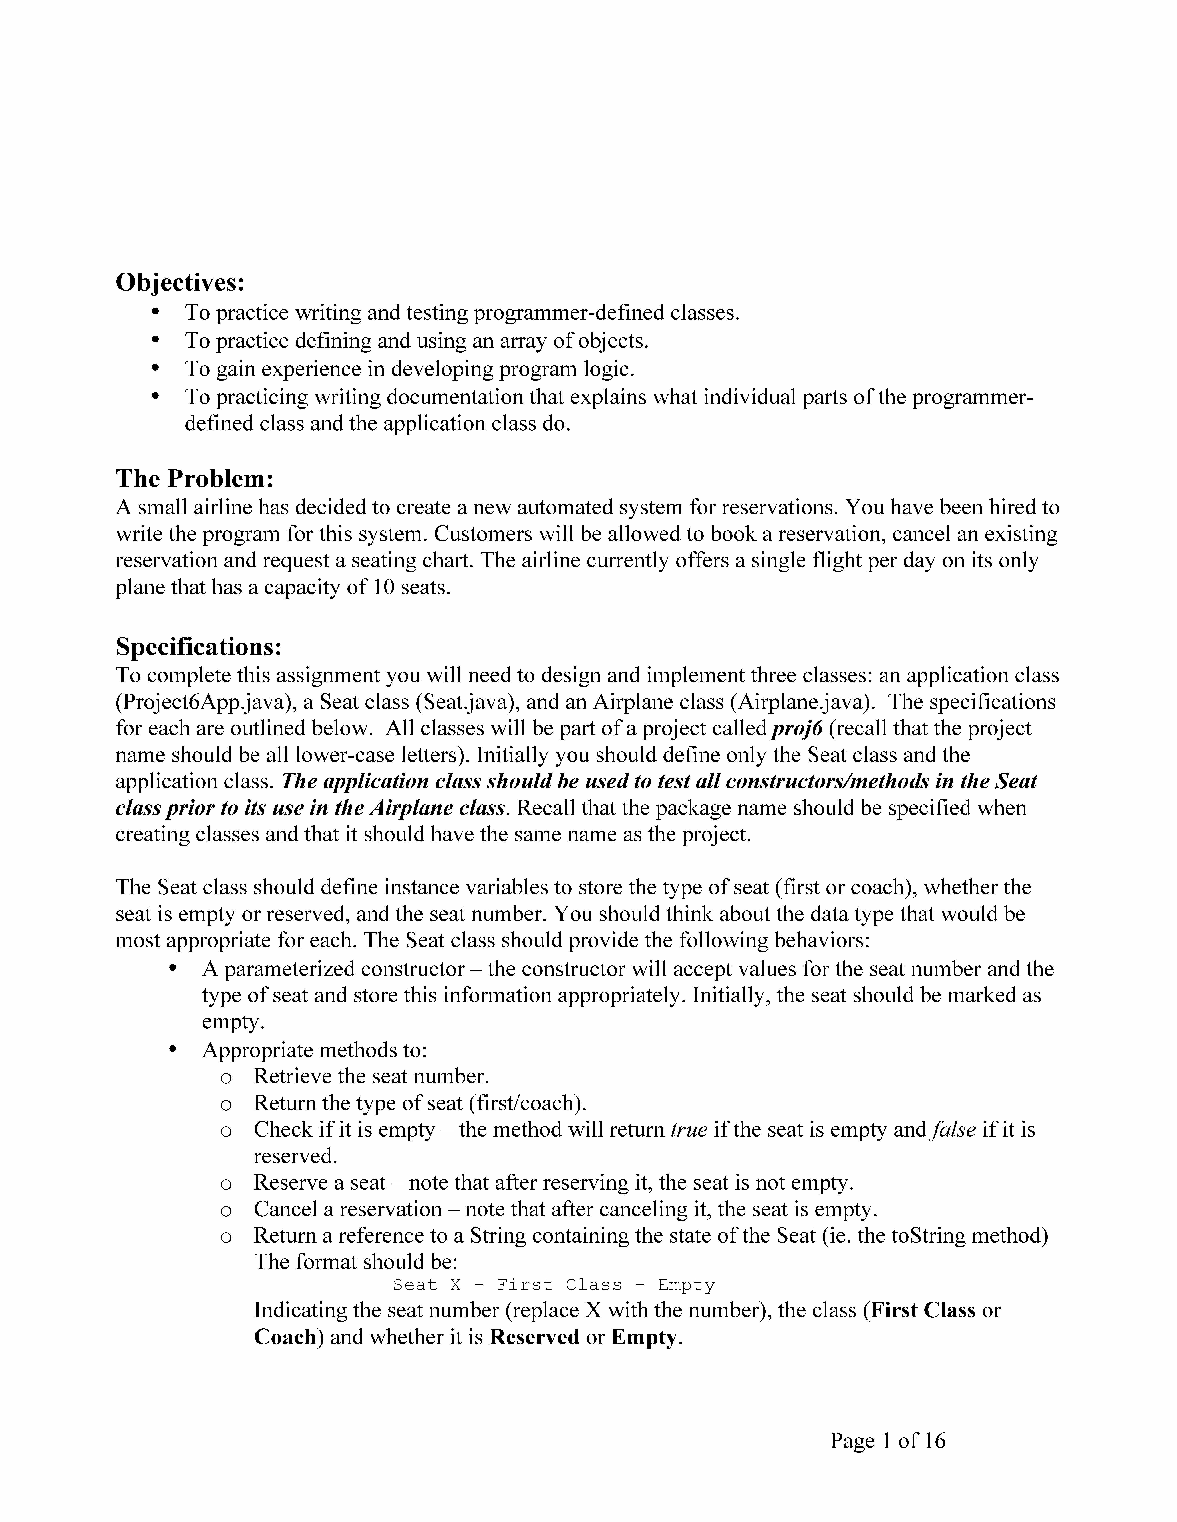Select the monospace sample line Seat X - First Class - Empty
[554, 1284]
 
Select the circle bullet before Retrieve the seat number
[225, 1078]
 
